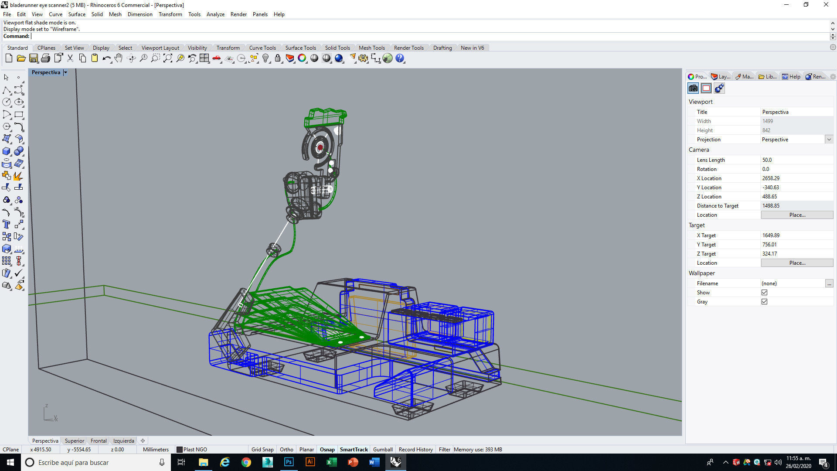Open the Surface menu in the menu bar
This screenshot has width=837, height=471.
tap(77, 14)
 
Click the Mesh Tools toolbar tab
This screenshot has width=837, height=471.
tap(371, 48)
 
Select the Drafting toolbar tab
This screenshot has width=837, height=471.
tap(442, 48)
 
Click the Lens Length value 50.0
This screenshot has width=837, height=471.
tap(767, 160)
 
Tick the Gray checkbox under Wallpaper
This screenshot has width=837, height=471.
tap(764, 302)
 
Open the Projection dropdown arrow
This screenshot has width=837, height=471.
tap(829, 140)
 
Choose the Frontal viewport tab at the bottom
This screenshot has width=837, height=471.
tap(99, 441)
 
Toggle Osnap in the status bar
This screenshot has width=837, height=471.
tap(327, 450)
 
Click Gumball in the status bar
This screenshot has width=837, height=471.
tap(383, 450)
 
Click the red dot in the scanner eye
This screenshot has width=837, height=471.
tap(320, 147)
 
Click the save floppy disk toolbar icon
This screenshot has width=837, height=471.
tap(34, 58)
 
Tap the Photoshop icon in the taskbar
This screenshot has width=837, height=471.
tap(289, 462)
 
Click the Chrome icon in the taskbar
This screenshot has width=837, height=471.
tap(246, 462)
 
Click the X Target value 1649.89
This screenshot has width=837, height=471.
tap(771, 235)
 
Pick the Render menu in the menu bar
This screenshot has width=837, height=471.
tap(238, 14)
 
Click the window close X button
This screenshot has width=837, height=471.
tap(826, 5)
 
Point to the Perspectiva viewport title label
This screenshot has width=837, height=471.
tap(46, 72)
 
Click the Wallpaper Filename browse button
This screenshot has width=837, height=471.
tap(829, 283)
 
